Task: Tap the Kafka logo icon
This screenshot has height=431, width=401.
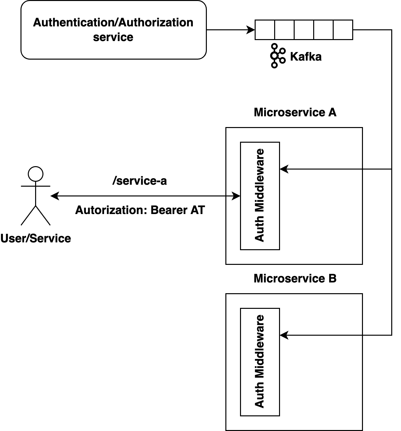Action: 277,56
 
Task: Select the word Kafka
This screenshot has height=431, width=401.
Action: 306,57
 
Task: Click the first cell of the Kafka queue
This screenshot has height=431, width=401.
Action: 265,30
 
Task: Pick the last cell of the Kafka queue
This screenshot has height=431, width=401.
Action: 343,30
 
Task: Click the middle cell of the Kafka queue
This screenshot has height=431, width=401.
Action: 304,30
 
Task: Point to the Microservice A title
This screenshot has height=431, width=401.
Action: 295,112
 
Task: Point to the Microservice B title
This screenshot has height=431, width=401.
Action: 295,279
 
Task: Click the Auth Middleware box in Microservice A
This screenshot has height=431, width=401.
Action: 260,195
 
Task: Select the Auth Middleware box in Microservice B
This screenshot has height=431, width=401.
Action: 260,362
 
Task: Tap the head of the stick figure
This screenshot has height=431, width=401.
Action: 35,174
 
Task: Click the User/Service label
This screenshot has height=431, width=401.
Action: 35,238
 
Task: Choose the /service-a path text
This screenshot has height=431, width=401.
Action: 140,181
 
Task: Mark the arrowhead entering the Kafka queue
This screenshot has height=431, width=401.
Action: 251,30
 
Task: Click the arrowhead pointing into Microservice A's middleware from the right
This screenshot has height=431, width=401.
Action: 284,169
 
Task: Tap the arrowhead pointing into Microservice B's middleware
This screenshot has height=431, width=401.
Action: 284,335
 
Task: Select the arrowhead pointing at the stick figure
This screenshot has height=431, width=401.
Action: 55,196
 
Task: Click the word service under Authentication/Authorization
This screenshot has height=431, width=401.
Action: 113,37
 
